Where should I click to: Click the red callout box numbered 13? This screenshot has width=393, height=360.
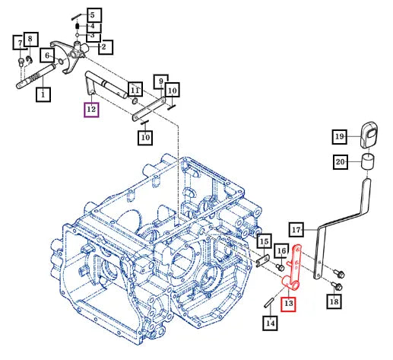point(288,303)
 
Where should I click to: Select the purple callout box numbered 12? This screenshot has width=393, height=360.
point(91,110)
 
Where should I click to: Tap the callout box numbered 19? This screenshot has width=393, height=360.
point(340,137)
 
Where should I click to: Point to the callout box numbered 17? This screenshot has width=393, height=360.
point(296,230)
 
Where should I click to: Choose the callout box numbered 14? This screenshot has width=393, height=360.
point(270,323)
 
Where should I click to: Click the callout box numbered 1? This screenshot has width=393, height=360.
point(43,94)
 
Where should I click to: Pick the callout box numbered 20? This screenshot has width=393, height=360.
point(341,162)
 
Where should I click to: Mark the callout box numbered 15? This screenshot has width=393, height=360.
point(265,241)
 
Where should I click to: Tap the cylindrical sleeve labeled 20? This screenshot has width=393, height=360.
point(368,161)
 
